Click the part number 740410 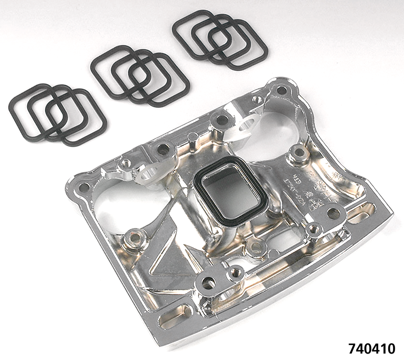pos(371,348)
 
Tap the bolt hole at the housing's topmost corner pos(281,90)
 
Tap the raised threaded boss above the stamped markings pos(299,153)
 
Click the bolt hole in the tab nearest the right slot pos(333,213)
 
